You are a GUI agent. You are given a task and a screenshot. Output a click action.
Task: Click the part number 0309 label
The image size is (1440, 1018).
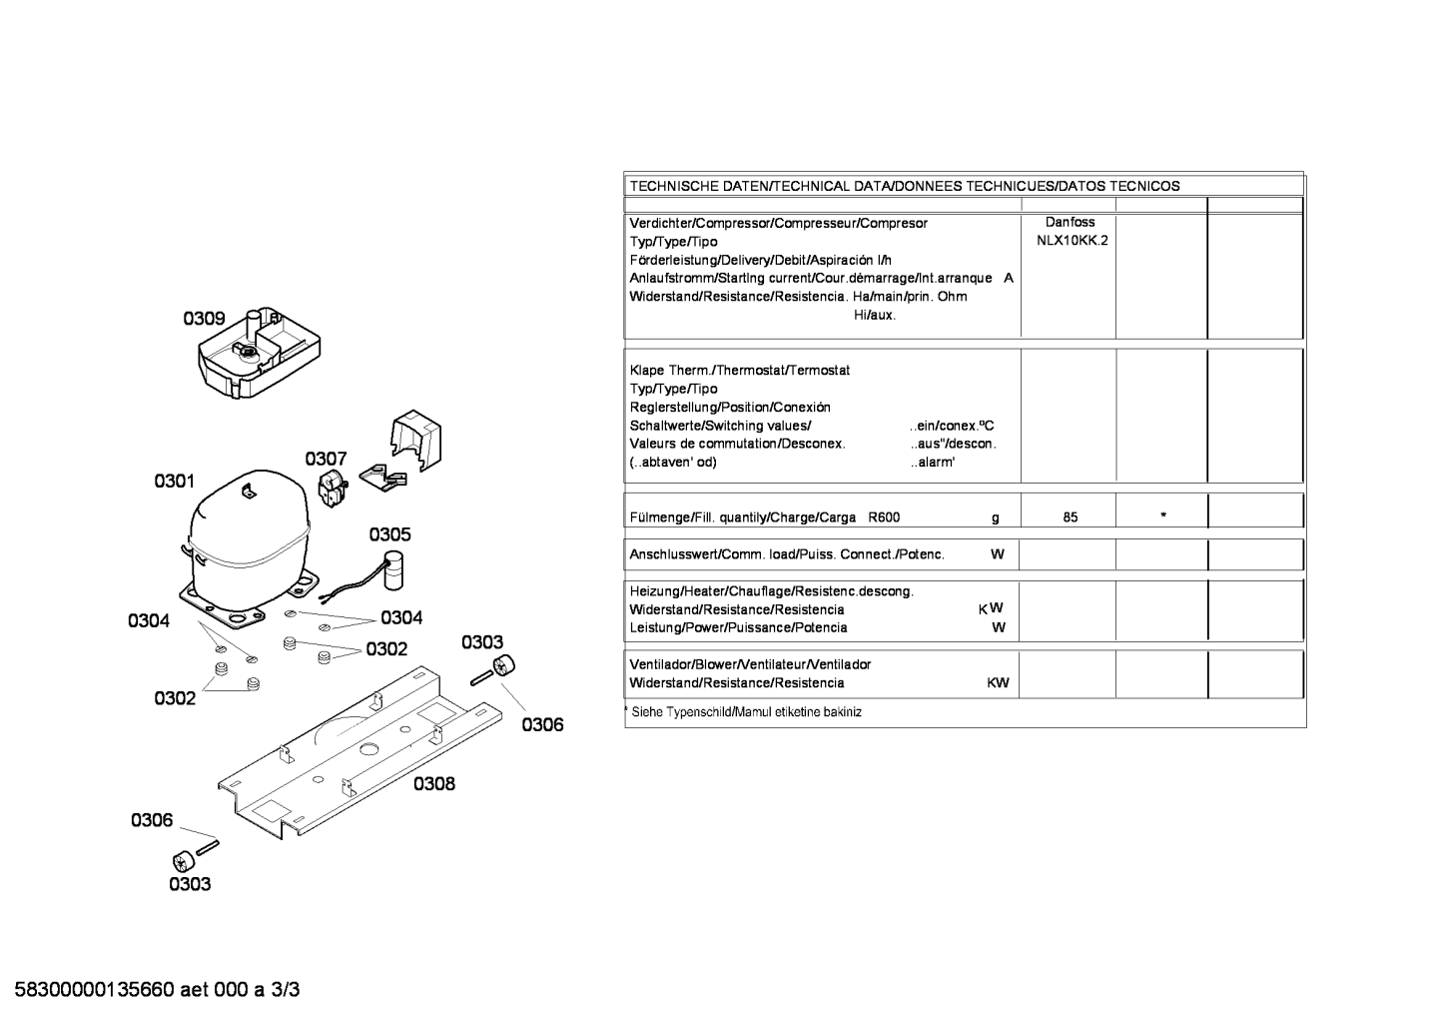click(204, 319)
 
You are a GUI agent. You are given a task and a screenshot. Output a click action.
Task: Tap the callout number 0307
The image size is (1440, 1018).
click(326, 459)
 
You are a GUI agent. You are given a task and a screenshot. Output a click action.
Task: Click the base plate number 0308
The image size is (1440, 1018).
click(434, 783)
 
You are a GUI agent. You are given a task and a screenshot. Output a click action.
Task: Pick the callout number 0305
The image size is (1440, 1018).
click(389, 534)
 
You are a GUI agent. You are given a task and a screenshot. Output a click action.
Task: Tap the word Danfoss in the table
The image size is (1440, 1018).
click(1070, 222)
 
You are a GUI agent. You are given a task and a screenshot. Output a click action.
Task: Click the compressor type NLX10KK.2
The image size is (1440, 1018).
click(1072, 241)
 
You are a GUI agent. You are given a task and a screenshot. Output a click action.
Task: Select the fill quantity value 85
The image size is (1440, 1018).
click(1071, 517)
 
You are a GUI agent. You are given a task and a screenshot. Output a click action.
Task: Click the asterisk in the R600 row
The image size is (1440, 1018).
click(1163, 515)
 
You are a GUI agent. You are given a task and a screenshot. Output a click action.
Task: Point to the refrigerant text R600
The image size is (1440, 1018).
click(884, 517)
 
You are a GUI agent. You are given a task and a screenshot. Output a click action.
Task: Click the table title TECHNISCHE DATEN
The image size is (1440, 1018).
click(699, 187)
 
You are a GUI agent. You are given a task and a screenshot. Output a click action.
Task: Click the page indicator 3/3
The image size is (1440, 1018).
click(285, 990)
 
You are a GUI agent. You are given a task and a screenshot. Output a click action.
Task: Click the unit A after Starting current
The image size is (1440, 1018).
click(1009, 278)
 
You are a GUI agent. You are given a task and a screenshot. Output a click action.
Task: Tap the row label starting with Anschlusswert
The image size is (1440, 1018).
click(787, 554)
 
